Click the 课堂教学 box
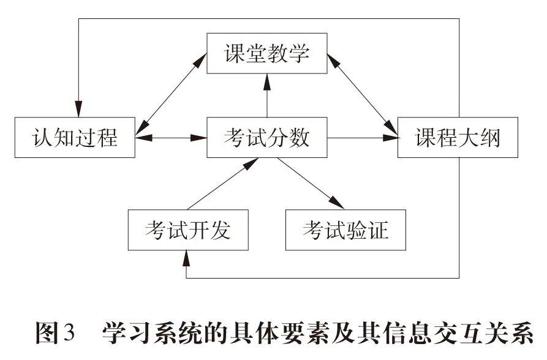266,54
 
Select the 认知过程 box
75,138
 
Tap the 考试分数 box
266,138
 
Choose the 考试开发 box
188,231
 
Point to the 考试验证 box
345,231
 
